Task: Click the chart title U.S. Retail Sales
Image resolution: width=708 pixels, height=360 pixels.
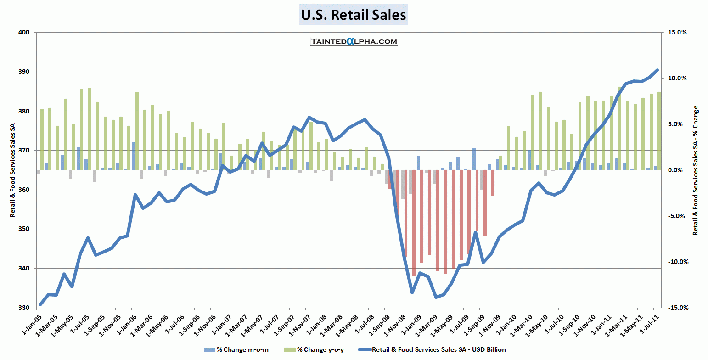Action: click(354, 15)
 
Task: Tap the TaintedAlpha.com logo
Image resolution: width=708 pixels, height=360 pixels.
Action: click(353, 41)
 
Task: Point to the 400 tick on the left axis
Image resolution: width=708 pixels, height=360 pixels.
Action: click(24, 33)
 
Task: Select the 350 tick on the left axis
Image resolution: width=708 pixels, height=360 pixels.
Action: click(24, 229)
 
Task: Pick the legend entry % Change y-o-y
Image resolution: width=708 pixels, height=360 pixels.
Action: click(320, 350)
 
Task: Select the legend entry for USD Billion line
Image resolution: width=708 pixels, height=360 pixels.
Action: click(438, 350)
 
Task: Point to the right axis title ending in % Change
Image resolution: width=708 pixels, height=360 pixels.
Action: click(695, 170)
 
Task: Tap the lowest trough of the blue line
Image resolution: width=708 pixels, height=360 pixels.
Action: click(436, 297)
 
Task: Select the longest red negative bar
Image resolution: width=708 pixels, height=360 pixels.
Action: click(414, 223)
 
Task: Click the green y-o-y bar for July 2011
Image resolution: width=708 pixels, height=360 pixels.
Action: click(659, 131)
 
